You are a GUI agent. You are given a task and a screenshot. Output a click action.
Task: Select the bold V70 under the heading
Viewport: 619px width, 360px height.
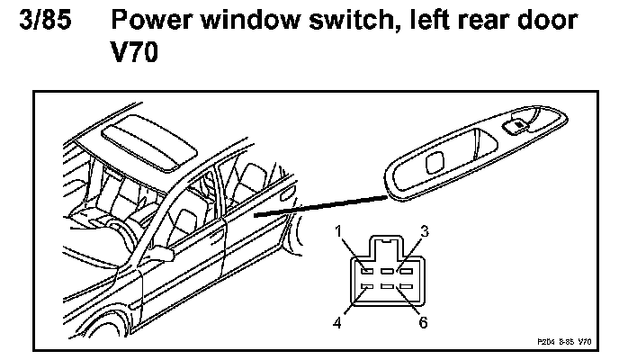(x=130, y=55)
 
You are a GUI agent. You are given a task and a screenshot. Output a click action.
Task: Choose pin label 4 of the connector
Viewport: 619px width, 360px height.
(x=336, y=321)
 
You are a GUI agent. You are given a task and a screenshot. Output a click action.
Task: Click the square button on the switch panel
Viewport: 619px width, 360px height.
(x=435, y=163)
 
